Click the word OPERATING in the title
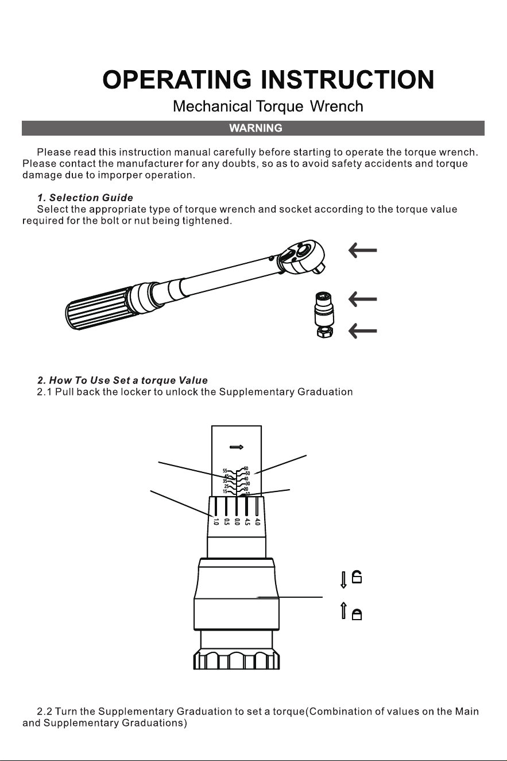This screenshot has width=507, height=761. (177, 79)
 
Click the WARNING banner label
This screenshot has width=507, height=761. (256, 128)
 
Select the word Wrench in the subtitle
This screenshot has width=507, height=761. (336, 106)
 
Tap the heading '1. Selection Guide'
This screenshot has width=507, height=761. (85, 198)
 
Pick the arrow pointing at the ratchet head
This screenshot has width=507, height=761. (362, 251)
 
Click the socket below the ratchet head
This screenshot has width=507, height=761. (324, 309)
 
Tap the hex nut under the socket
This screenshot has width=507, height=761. (324, 332)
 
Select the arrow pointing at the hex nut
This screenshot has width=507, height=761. (362, 331)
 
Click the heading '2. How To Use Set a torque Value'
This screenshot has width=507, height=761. (122, 380)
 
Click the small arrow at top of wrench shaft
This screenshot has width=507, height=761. (237, 447)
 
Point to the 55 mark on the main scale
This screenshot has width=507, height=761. (225, 471)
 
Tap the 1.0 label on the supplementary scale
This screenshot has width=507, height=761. (216, 521)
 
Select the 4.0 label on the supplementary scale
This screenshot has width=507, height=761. (257, 521)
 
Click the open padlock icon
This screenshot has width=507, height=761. (357, 577)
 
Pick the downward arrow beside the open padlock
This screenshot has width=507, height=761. (343, 580)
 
